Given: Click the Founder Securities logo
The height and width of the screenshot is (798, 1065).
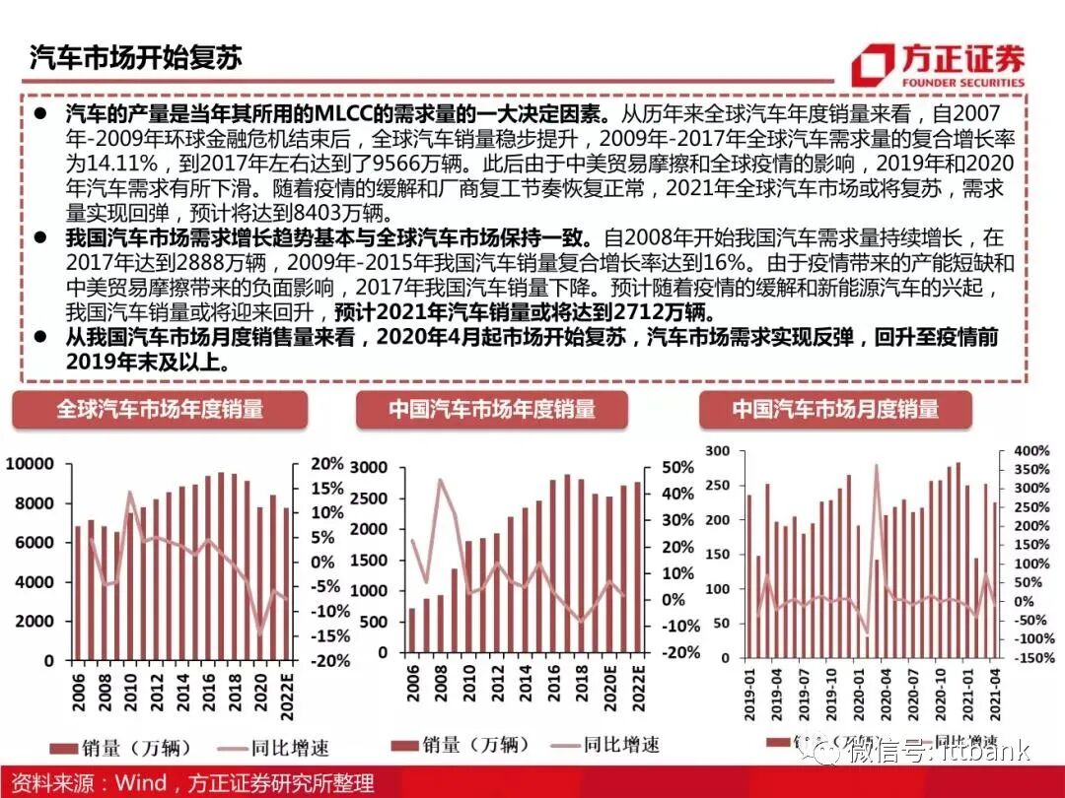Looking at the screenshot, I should [x=937, y=64].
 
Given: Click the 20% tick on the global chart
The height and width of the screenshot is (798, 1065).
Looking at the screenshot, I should [x=326, y=464].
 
